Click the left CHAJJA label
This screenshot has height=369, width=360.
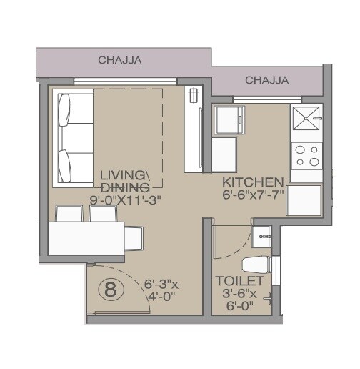pos(120,60)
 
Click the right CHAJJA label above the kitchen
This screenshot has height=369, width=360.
pos(266,80)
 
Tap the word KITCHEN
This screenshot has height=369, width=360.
pos(254,182)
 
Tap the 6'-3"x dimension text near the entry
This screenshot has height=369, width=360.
pos(161,282)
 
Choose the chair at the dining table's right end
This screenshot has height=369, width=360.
pos(135,238)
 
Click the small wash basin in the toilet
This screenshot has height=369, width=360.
pos(261,231)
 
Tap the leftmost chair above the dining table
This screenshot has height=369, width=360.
pos(68,214)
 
